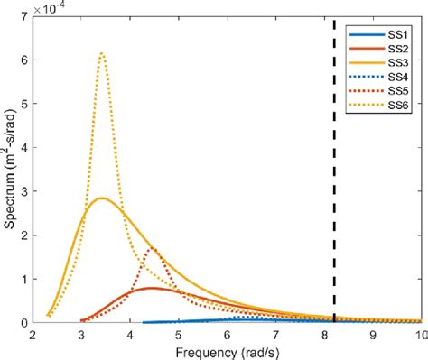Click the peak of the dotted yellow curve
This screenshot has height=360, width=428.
(x=102, y=53)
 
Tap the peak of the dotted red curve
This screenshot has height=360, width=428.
(x=153, y=249)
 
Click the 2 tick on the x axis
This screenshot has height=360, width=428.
(x=33, y=333)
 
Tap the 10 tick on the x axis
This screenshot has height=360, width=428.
(x=419, y=333)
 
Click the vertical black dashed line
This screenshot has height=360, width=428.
(x=335, y=180)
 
